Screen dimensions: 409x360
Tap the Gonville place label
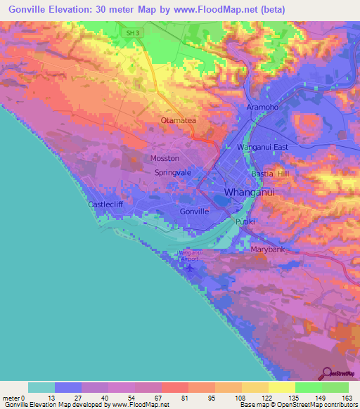[x=195, y=211]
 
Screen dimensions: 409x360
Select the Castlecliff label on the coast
[x=106, y=204]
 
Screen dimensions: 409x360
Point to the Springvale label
[x=173, y=172]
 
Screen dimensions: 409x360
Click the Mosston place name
[x=165, y=158]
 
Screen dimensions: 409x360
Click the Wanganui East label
[x=263, y=147]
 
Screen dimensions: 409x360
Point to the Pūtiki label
[x=244, y=221]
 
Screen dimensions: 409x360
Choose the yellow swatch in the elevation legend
[x=281, y=387]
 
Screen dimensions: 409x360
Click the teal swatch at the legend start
[x=41, y=387]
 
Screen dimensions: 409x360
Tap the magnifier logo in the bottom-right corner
[x=326, y=373]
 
